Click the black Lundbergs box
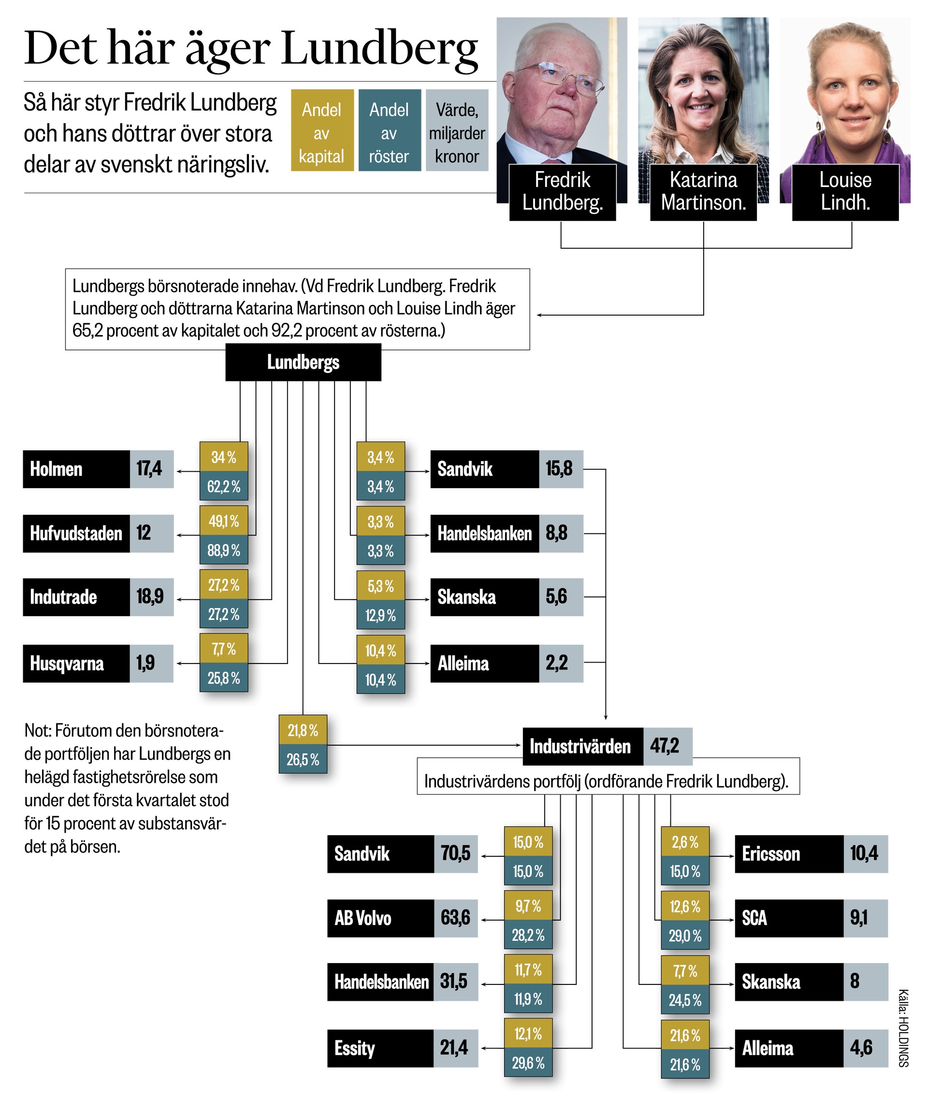303,362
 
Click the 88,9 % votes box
224,550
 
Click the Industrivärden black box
583,746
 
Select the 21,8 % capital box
303,730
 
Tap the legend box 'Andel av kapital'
322,130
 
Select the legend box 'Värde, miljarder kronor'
457,130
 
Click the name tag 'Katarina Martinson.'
703,192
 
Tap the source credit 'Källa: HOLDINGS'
903,1029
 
